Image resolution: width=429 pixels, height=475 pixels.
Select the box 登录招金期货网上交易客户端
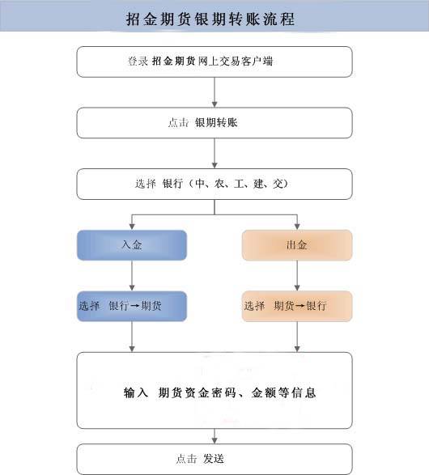pos(214,61)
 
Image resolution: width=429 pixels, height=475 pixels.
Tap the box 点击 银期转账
pos(214,123)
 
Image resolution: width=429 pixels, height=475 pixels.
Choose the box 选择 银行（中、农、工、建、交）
pos(214,184)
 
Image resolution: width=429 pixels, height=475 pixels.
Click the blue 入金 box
pos(132,245)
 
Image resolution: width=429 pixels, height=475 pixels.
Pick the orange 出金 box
pos(297,245)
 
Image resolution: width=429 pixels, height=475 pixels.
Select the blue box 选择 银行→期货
pos(132,307)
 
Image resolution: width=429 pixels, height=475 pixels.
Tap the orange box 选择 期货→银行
pos(297,307)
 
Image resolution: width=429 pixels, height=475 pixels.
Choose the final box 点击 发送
pos(214,459)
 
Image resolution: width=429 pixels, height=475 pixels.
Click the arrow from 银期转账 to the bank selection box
pos(214,153)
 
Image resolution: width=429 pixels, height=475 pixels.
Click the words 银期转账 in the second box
pos(216,123)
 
